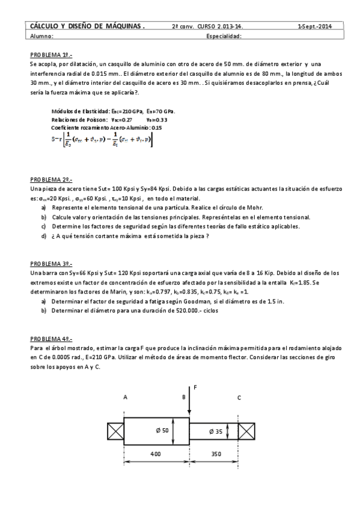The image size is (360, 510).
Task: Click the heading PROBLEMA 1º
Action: pos(50,53)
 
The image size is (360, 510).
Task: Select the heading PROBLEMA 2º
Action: pos(50,180)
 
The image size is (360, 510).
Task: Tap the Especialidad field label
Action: pos(224,36)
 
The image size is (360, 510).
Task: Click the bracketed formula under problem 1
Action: pos(102,139)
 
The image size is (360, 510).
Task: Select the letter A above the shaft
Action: pos(125,398)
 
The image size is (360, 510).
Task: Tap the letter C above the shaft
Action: pos(239,398)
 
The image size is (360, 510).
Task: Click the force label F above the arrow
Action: pos(196,388)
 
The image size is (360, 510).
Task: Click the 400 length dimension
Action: pos(156,456)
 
